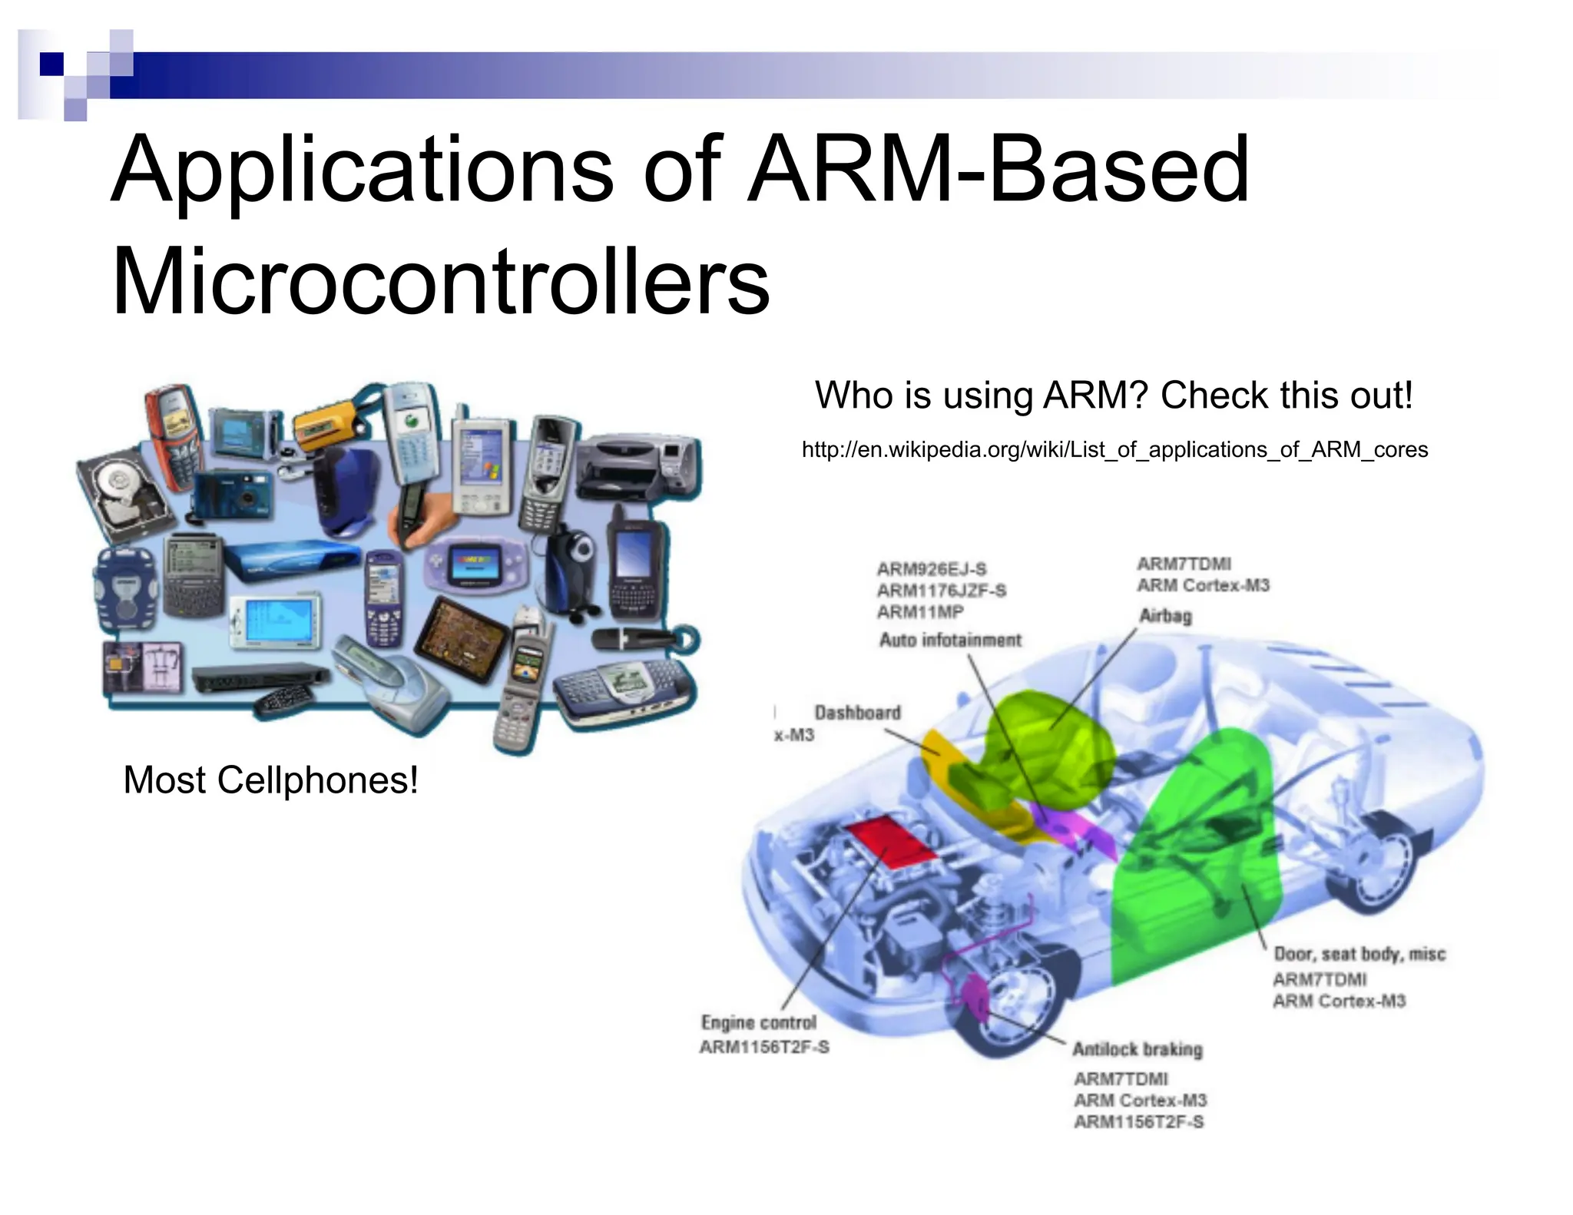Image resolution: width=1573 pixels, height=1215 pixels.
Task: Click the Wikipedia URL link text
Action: point(1114,450)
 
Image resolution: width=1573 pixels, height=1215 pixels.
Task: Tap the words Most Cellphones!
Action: point(270,780)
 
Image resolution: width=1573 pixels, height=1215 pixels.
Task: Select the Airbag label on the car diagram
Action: point(1165,616)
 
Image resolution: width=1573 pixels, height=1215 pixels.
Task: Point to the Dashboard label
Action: point(857,713)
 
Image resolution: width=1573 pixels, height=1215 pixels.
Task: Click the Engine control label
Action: point(759,1023)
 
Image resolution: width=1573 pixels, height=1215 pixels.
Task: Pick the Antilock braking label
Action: point(1138,1049)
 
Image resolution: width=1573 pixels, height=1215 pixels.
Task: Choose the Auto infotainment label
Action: point(950,640)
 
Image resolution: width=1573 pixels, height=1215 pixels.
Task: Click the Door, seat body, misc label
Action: point(1359,954)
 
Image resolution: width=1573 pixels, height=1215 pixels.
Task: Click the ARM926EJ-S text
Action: point(932,569)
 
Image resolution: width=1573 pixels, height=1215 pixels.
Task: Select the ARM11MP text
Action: point(920,612)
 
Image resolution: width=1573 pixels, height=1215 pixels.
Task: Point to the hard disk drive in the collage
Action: point(123,492)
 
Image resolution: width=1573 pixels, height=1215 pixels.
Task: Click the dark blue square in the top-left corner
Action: point(51,64)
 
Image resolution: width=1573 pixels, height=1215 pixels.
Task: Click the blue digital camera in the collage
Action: point(233,494)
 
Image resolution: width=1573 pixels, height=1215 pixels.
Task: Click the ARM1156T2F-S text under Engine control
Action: point(764,1047)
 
